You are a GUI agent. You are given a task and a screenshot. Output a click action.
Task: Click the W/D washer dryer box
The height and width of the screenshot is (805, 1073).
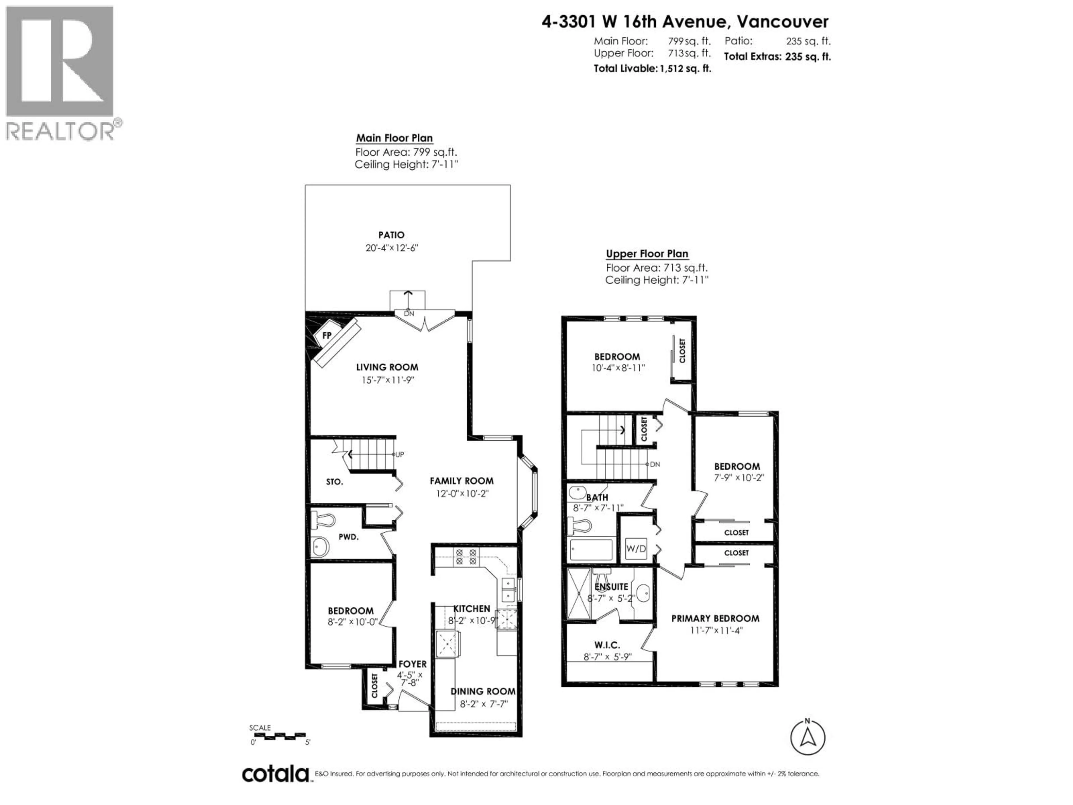pyautogui.click(x=636, y=549)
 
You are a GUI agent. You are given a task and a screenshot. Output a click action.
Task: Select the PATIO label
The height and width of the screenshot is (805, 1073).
pyautogui.click(x=391, y=235)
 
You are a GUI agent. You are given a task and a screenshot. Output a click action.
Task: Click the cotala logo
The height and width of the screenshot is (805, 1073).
pyautogui.click(x=276, y=774)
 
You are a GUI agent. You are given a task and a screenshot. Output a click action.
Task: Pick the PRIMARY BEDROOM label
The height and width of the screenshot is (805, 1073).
pyautogui.click(x=715, y=619)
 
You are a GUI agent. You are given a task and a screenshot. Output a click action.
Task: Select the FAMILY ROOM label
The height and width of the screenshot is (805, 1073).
pyautogui.click(x=461, y=481)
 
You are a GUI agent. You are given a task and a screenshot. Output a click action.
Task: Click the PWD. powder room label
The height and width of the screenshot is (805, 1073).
pyautogui.click(x=348, y=537)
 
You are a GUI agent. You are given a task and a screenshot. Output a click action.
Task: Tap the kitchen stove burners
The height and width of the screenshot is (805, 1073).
pyautogui.click(x=466, y=557)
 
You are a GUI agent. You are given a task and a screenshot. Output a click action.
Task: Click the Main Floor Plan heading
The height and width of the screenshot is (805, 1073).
pyautogui.click(x=394, y=138)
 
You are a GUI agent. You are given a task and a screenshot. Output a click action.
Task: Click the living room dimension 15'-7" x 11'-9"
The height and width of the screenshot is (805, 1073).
pyautogui.click(x=387, y=380)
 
